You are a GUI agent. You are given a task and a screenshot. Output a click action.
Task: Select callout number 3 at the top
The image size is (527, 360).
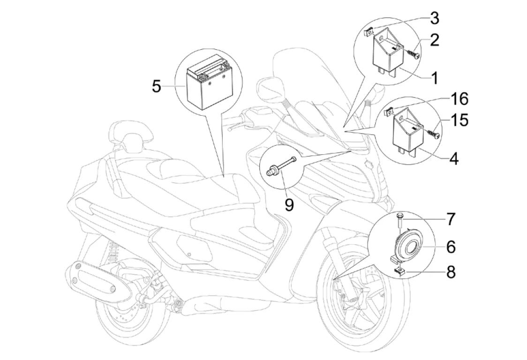(435, 19)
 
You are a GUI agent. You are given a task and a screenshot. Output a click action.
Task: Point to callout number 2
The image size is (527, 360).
(435, 40)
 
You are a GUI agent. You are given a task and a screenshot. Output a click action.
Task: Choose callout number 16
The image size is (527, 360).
(459, 99)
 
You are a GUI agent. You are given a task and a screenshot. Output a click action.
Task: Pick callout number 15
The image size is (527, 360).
(460, 120)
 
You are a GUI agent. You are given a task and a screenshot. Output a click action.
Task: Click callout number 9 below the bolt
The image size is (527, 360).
(289, 205)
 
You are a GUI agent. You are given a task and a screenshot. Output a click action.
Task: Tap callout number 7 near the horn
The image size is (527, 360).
(450, 218)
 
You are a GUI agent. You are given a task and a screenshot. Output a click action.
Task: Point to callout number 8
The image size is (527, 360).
(451, 272)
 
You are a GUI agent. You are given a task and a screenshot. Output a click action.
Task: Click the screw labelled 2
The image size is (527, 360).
(411, 53)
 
